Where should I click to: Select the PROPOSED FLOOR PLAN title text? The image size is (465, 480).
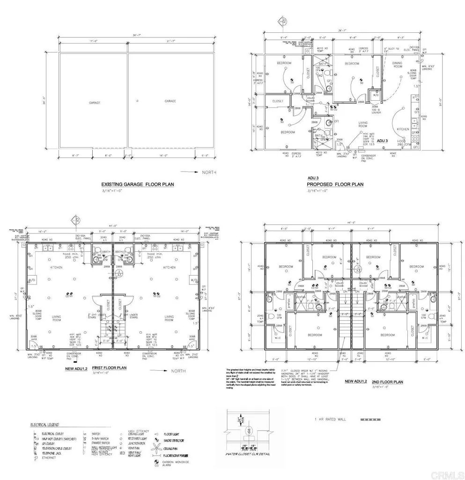(x=335, y=185)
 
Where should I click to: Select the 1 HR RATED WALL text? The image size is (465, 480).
(x=330, y=419)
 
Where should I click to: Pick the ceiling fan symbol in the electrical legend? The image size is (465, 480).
(x=154, y=448)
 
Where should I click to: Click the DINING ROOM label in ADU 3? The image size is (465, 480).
(x=398, y=65)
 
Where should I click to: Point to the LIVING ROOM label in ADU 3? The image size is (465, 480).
(x=363, y=124)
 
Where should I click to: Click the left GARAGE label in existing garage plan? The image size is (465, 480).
(x=95, y=101)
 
